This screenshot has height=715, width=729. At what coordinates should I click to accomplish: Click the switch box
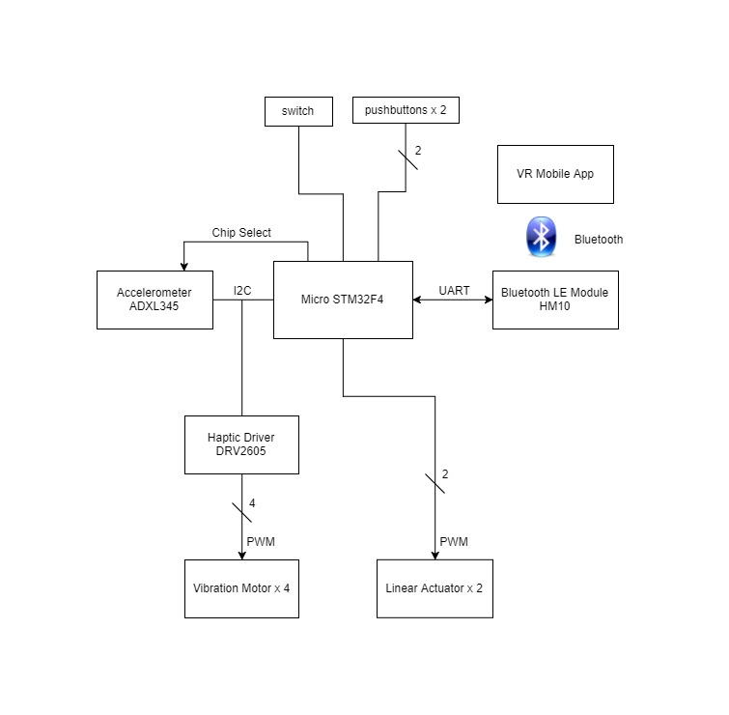(x=297, y=111)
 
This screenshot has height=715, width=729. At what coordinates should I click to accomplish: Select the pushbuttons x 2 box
(x=406, y=111)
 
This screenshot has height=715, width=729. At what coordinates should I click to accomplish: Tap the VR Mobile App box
(x=555, y=174)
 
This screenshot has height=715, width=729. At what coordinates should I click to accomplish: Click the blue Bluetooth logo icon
(x=542, y=238)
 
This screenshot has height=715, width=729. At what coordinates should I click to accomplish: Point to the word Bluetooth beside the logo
(x=598, y=240)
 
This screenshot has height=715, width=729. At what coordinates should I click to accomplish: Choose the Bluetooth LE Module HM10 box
(x=555, y=300)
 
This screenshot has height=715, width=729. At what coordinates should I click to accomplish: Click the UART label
(x=454, y=290)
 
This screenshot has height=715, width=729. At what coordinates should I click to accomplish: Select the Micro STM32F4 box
(x=343, y=300)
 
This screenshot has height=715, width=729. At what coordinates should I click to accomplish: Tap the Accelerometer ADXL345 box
(x=154, y=300)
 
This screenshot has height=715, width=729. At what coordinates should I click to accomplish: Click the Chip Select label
(x=241, y=233)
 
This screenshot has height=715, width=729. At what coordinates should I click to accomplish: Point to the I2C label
(x=243, y=290)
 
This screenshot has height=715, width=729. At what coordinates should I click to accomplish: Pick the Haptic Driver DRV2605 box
(x=241, y=444)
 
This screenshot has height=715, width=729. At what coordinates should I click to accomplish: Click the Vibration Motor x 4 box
(x=241, y=587)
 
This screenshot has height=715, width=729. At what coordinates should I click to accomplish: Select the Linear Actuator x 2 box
(x=435, y=587)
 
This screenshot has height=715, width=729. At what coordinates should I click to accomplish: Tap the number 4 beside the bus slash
(x=252, y=503)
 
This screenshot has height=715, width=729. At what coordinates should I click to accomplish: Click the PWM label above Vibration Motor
(x=261, y=541)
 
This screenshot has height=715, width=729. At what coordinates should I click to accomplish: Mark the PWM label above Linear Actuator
(x=454, y=541)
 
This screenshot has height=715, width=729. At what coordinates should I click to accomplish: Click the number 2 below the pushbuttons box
(x=418, y=151)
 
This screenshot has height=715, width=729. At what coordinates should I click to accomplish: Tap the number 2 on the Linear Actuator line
(x=445, y=474)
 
